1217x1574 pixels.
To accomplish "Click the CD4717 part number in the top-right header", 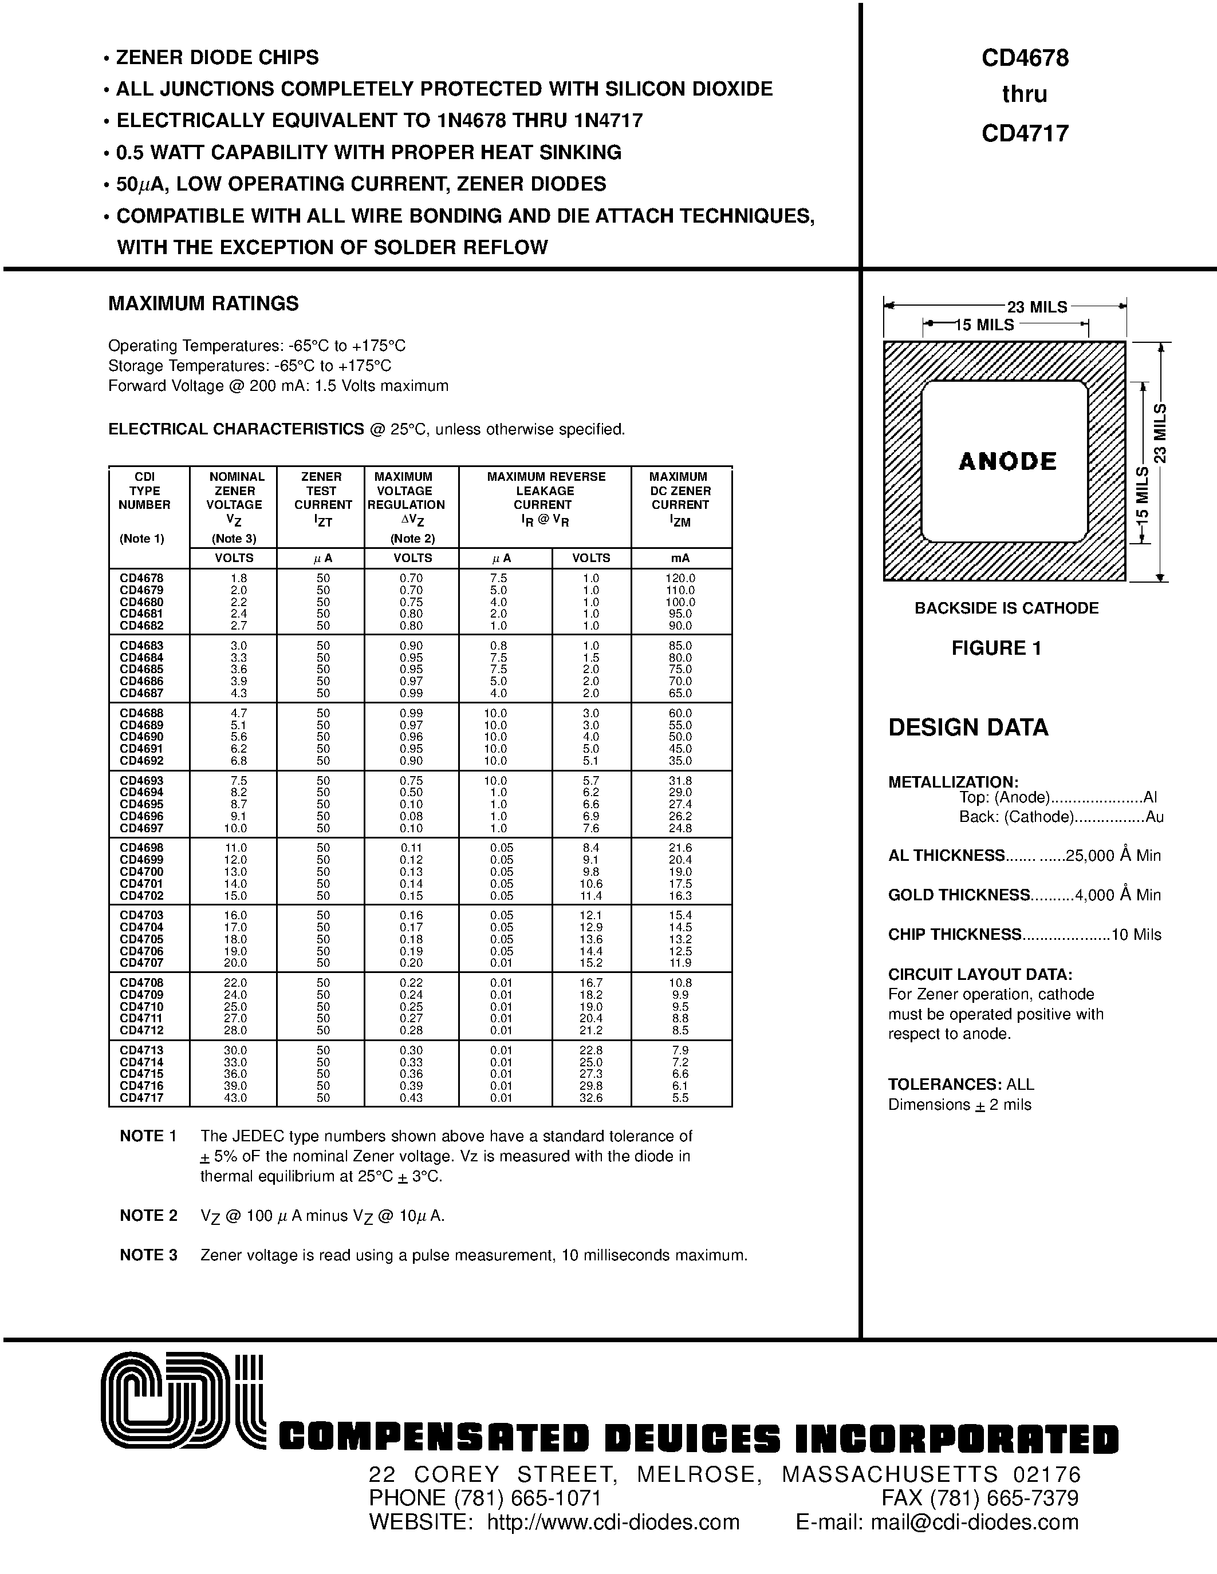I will point(1025,133).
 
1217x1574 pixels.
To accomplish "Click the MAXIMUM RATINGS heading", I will point(203,303).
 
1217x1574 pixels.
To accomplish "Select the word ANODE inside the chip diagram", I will point(1007,461).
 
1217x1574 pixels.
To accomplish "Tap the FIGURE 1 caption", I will point(996,648).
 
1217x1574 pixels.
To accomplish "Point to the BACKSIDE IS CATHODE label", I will point(1006,608).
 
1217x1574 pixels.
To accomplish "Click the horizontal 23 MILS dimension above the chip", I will point(1037,307).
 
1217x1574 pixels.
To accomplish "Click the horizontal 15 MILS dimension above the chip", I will point(984,325).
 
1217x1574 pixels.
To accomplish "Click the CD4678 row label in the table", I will point(142,578).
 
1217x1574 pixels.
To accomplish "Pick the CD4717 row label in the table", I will point(142,1098).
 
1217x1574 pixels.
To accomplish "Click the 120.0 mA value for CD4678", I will point(680,578).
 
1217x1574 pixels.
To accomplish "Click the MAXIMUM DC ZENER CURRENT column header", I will point(680,497).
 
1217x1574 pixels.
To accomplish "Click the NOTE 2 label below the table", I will point(148,1216).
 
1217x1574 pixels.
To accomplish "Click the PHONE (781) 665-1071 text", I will point(485,1498).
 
